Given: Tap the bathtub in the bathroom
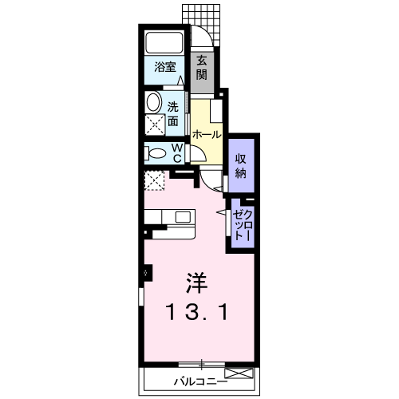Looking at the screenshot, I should click(165, 43).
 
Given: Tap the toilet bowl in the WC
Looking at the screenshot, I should click(156, 152).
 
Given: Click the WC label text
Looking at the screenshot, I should click(178, 152).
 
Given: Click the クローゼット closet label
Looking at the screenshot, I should click(241, 223).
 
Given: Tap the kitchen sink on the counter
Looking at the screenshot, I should click(183, 216).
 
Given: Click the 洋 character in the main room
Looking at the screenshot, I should click(197, 283).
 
